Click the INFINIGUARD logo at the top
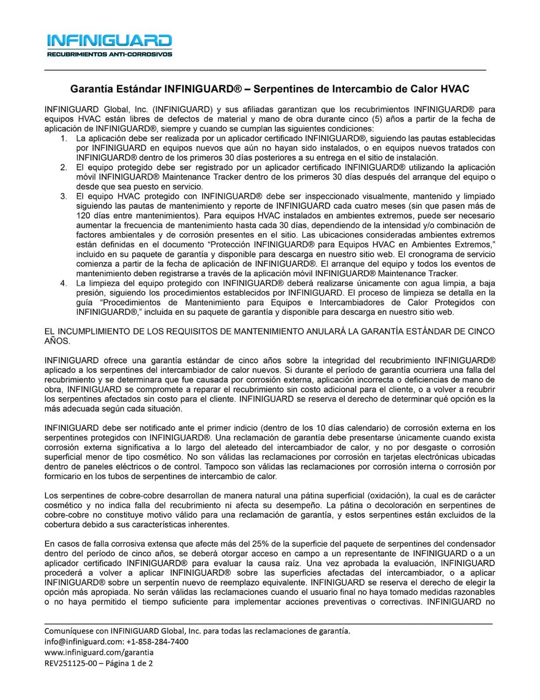click(109, 41)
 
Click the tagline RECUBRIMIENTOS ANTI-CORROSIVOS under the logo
click(109, 55)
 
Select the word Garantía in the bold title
click(90, 89)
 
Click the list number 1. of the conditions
click(64, 138)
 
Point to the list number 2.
click(64, 167)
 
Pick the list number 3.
click(64, 196)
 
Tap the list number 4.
click(64, 283)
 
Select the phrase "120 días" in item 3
click(90, 215)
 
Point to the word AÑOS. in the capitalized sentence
click(57, 340)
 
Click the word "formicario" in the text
click(62, 476)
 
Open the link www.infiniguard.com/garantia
click(99, 652)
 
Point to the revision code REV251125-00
click(70, 663)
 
